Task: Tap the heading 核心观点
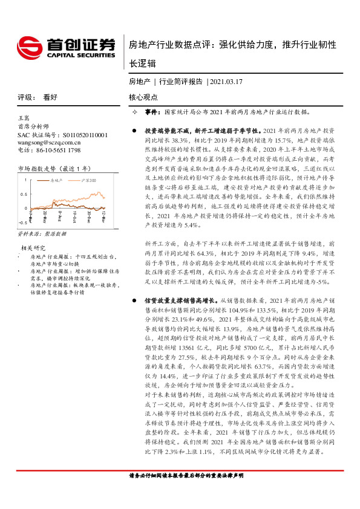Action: pos(143,97)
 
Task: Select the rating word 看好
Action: pos(50,97)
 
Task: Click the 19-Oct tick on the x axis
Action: pos(72,218)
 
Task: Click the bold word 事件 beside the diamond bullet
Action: pos(151,112)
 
